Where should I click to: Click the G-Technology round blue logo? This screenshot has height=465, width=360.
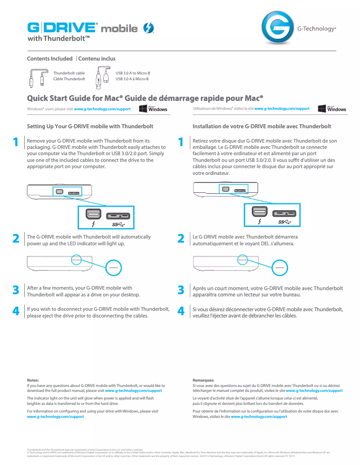(276, 28)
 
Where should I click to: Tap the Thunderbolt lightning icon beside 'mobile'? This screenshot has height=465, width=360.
(148, 28)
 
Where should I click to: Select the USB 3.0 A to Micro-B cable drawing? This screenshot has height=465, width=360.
(103, 76)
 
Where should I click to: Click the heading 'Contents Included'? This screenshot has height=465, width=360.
(50, 59)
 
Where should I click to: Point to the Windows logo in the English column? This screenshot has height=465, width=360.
(153, 109)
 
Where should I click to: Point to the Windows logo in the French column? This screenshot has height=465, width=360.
(332, 109)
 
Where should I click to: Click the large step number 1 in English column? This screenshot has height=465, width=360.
(16, 143)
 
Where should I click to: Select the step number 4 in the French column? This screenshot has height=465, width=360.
(181, 311)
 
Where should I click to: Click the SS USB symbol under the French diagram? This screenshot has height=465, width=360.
(285, 222)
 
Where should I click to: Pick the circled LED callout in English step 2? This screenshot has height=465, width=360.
(114, 267)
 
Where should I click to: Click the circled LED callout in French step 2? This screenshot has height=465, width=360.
(280, 267)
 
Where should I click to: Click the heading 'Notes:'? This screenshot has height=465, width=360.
(33, 380)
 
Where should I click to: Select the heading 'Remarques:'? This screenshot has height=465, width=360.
(203, 380)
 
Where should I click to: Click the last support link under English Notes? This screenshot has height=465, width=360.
(56, 417)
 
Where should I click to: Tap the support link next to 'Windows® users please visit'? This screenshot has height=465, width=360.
(102, 109)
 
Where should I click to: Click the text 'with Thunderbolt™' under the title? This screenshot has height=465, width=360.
(59, 39)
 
